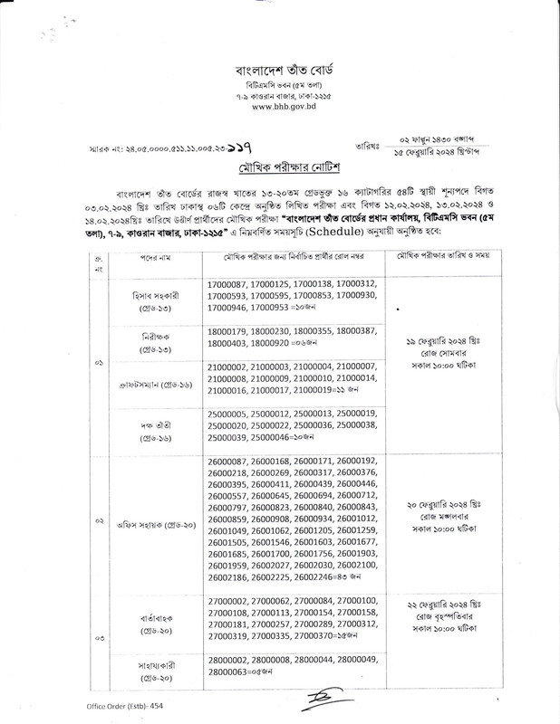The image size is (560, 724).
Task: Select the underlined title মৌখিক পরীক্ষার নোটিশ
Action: click(279, 169)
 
